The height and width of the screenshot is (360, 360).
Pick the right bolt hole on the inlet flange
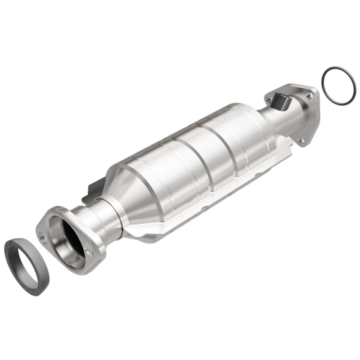point(89,252)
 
